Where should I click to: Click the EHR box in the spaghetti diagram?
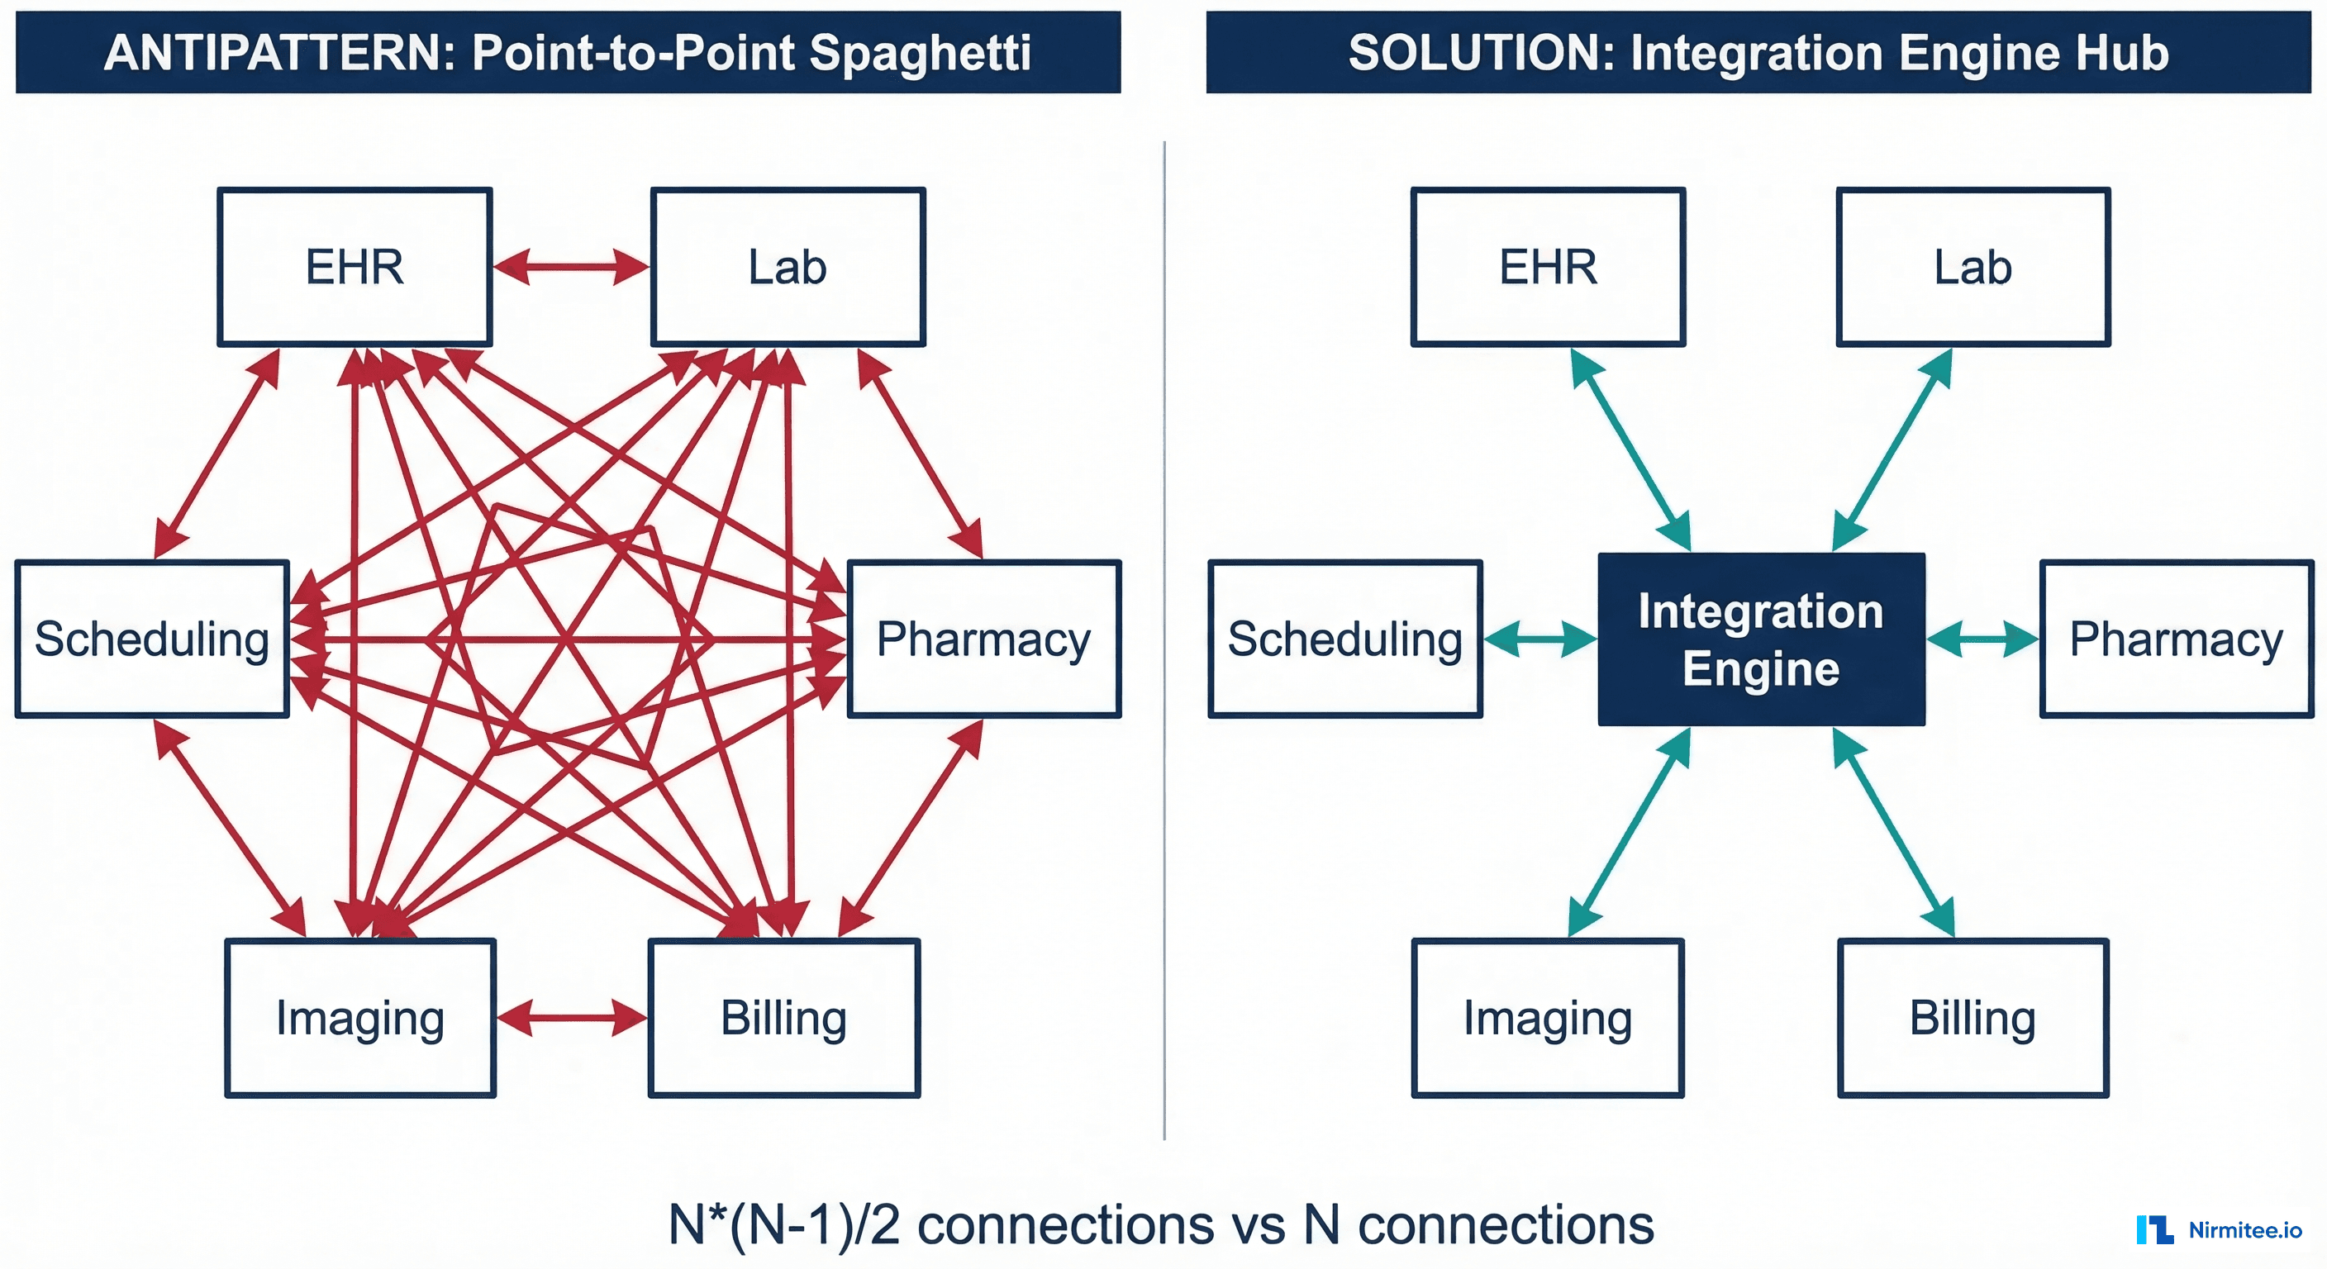[355, 267]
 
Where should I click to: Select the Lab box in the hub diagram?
[1972, 267]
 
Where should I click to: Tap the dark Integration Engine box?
[1761, 639]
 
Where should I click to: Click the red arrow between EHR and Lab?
[571, 268]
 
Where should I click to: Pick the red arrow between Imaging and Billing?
[571, 1018]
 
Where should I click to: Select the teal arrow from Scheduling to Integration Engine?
[1539, 639]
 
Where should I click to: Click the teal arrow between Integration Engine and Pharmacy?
[1982, 639]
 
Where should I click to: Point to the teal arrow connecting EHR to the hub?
[1630, 449]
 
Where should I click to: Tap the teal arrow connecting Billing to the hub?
[1893, 832]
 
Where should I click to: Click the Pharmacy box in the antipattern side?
[983, 639]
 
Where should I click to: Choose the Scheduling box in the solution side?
[1344, 639]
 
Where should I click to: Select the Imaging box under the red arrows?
[359, 1018]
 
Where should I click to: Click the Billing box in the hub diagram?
[1972, 1018]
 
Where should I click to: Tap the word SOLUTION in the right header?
[1482, 52]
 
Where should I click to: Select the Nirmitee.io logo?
[2219, 1229]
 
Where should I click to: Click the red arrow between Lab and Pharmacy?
[919, 453]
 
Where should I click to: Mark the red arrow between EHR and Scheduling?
[217, 453]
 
